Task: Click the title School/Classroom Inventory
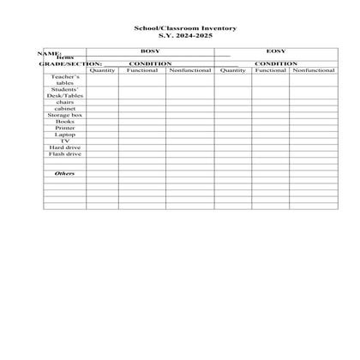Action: [x=179, y=28]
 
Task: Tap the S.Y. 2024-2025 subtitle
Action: [x=179, y=35]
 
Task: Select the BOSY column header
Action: [x=150, y=51]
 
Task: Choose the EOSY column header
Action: [x=276, y=51]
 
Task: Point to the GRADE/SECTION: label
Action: [x=70, y=63]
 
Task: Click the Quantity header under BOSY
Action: [x=102, y=69]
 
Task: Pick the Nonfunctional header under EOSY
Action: [x=313, y=69]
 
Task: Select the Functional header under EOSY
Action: [x=270, y=69]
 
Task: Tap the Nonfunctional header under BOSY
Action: [x=190, y=69]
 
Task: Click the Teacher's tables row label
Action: [x=65, y=80]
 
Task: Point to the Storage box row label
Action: [x=65, y=115]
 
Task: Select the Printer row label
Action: [x=65, y=128]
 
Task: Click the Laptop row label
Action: [x=65, y=135]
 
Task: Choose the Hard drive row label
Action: [x=65, y=147]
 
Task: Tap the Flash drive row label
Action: [x=65, y=154]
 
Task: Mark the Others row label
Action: [x=65, y=174]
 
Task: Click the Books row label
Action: [x=65, y=122]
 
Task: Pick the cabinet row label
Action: [x=65, y=109]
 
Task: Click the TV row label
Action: [x=65, y=141]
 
